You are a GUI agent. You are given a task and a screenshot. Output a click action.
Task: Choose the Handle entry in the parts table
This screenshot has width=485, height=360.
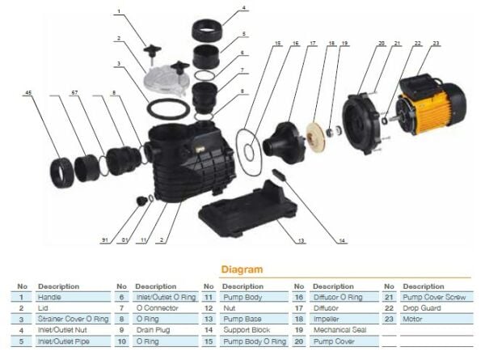(50, 298)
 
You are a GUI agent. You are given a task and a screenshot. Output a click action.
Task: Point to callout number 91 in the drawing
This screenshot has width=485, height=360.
(105, 240)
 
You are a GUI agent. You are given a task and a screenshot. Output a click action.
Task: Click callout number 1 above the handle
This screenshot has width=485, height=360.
(119, 12)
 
